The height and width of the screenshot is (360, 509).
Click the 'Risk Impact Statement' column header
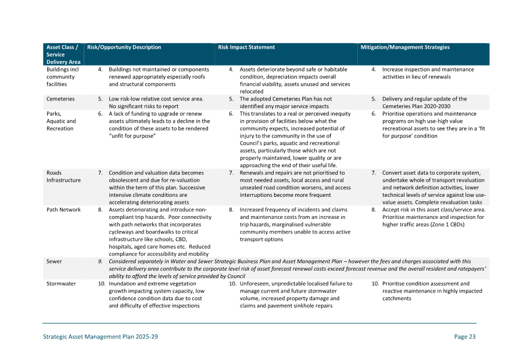(246, 48)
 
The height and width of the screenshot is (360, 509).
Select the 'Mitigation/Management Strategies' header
(405, 48)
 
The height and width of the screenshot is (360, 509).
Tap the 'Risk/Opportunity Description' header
(124, 48)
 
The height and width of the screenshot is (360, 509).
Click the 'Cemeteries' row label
(60, 99)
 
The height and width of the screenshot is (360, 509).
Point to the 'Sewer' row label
(54, 262)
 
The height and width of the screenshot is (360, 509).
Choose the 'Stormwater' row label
(61, 284)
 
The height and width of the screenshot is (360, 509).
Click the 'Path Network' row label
(63, 210)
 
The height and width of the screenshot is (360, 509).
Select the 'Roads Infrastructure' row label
(63, 177)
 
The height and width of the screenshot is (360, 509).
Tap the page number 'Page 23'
(465, 337)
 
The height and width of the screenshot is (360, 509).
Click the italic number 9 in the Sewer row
(101, 262)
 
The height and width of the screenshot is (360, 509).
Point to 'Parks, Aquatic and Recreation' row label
(61, 121)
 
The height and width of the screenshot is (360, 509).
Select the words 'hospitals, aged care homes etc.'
(148, 247)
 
